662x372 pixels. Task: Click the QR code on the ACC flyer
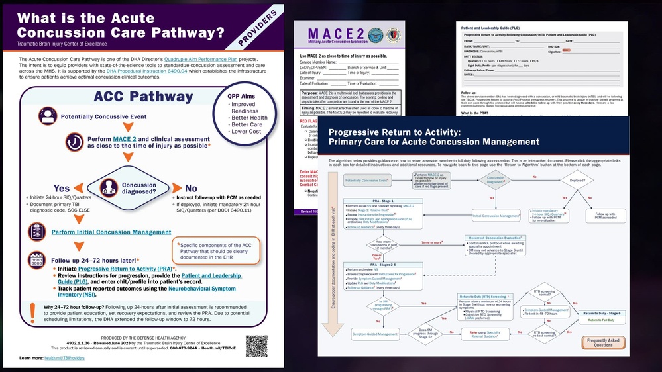click(256, 346)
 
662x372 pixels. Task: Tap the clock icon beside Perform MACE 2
click(75, 142)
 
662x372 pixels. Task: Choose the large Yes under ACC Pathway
click(61, 188)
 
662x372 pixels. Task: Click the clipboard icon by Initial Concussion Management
click(37, 232)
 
